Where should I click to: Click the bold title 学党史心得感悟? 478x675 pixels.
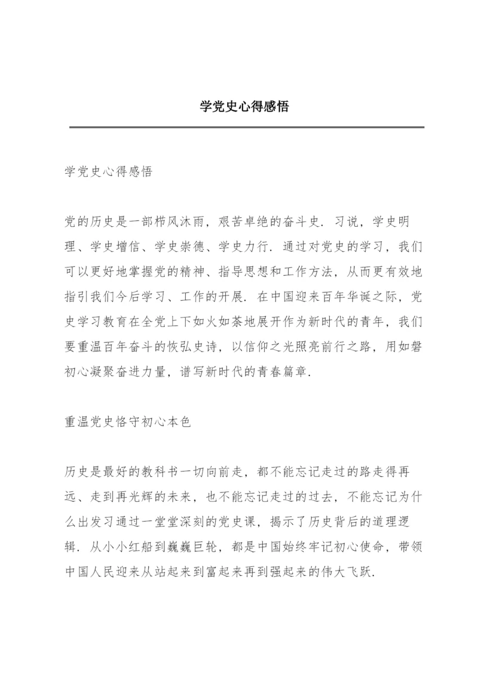[244, 107]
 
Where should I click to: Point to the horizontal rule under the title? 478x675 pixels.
[246, 127]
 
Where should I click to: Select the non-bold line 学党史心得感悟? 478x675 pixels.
[108, 172]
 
